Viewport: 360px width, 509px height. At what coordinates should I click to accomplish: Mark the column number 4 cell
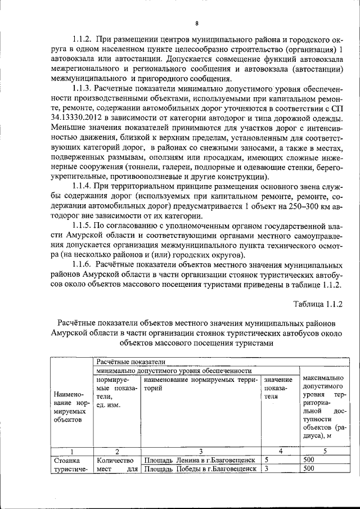[x=280, y=451]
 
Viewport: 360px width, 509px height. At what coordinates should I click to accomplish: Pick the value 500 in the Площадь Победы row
[x=308, y=469]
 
